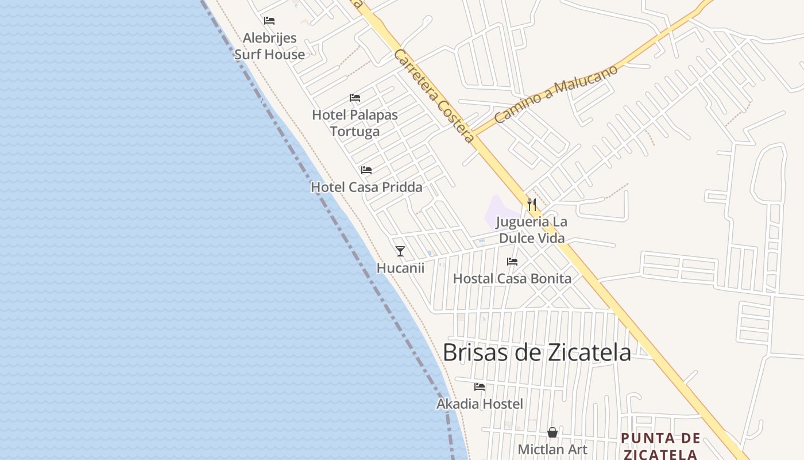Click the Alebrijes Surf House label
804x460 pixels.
coord(269,46)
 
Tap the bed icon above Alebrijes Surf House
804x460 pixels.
coord(269,21)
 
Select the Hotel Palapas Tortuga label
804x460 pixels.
coord(355,123)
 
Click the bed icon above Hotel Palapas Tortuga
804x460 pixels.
coord(355,98)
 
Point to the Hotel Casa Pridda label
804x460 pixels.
coord(366,187)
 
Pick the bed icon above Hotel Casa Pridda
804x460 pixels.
coord(366,170)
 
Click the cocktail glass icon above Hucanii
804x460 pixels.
coord(400,251)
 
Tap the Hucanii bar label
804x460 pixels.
coord(400,268)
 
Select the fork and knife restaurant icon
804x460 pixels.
coord(532,204)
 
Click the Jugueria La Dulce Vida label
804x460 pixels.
coord(531,230)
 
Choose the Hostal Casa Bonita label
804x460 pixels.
coord(512,279)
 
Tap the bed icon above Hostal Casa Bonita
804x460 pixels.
coord(512,262)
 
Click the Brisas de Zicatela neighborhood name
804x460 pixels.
coord(537,352)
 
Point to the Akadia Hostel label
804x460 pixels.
coord(480,404)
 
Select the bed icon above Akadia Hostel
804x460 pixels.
coord(480,387)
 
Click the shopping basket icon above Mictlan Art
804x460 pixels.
coord(552,432)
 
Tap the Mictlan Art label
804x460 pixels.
coord(552,449)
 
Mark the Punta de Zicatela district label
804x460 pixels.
coord(660,446)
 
